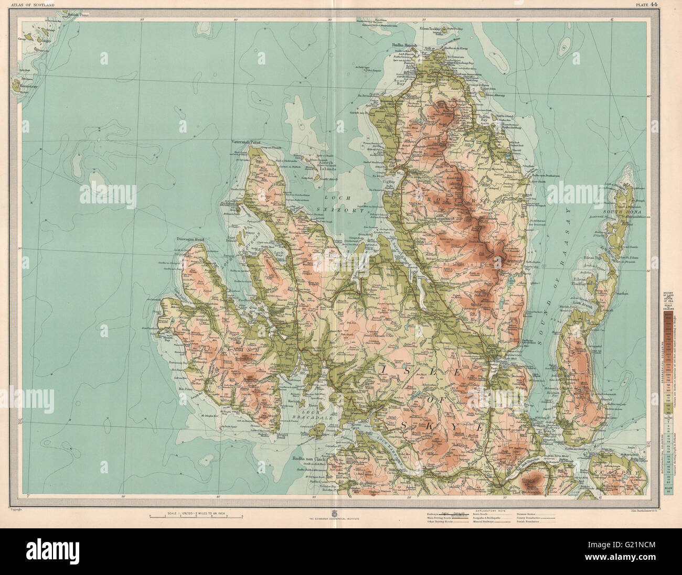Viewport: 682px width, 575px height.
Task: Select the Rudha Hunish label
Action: click(x=404, y=46)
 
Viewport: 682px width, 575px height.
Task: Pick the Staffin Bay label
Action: click(x=485, y=117)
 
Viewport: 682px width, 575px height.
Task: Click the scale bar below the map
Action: click(x=196, y=517)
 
